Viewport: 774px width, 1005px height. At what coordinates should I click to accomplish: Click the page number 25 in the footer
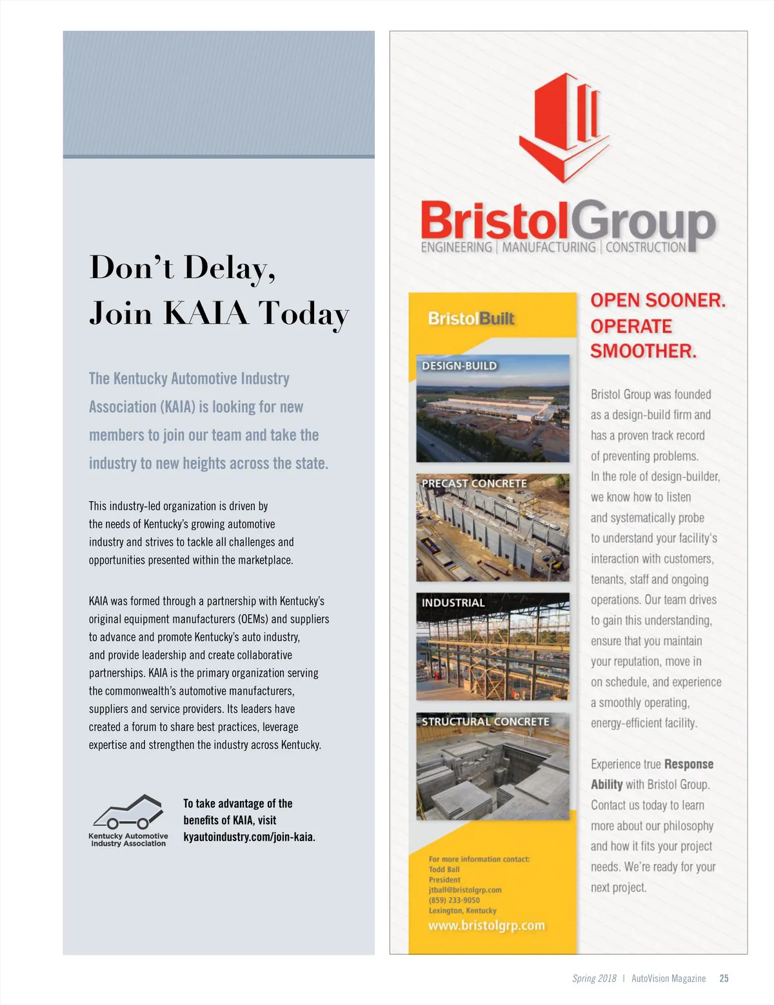(x=724, y=979)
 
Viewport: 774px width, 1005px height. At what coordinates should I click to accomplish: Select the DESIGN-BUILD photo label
(x=459, y=366)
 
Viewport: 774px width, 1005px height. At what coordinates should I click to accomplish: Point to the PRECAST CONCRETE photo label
(x=474, y=483)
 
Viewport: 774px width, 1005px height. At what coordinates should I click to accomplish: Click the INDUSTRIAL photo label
(x=453, y=602)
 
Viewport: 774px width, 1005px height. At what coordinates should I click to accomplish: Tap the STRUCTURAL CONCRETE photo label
(x=486, y=721)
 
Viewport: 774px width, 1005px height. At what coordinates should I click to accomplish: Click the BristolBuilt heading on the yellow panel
(x=471, y=319)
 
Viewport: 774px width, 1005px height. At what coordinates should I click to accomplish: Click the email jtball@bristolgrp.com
(x=465, y=890)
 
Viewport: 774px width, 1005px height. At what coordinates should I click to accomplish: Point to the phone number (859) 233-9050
(x=454, y=901)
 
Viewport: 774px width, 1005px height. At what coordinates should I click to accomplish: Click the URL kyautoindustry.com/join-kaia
(x=249, y=837)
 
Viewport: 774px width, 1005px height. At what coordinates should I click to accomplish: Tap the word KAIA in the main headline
(x=206, y=313)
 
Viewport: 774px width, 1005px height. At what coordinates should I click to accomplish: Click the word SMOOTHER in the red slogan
(x=643, y=352)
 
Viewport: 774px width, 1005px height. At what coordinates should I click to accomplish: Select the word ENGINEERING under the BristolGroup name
(x=456, y=248)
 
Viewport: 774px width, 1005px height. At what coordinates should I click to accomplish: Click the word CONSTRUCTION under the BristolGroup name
(x=646, y=248)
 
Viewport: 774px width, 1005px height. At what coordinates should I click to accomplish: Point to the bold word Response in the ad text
(x=688, y=764)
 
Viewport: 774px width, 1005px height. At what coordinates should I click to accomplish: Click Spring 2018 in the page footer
(x=594, y=979)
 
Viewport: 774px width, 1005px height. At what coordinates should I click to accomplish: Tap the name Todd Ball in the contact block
(x=444, y=870)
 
